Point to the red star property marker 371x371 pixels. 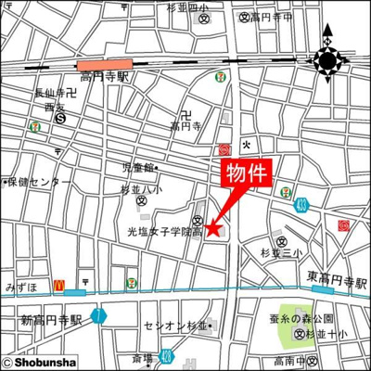pyautogui.click(x=213, y=227)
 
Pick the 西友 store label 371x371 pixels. pyautogui.click(x=54, y=107)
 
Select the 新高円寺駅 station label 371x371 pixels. pyautogui.click(x=51, y=320)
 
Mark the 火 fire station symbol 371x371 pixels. pyautogui.click(x=246, y=144)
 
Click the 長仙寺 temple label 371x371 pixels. pyautogui.click(x=51, y=94)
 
